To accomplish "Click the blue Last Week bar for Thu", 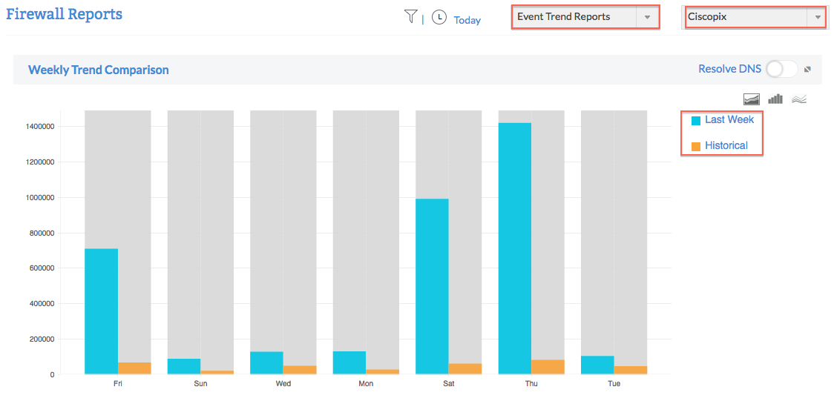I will [x=515, y=248].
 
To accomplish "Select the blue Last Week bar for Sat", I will [x=432, y=286].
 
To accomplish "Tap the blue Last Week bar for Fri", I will [x=102, y=311].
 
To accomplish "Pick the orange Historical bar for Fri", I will [x=134, y=368].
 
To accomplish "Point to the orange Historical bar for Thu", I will [x=548, y=367].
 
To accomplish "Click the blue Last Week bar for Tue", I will [x=597, y=365].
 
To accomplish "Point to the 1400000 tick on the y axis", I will [x=41, y=127].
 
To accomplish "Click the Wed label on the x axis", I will [x=283, y=384].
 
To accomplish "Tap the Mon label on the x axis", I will [x=366, y=384].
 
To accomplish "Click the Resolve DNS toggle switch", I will [x=781, y=69].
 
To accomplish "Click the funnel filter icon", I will [x=410, y=16].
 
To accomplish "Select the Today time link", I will [x=467, y=20].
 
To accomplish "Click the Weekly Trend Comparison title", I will [x=99, y=70].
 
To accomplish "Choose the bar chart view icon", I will [x=775, y=99].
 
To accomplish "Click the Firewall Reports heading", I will [x=64, y=14].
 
